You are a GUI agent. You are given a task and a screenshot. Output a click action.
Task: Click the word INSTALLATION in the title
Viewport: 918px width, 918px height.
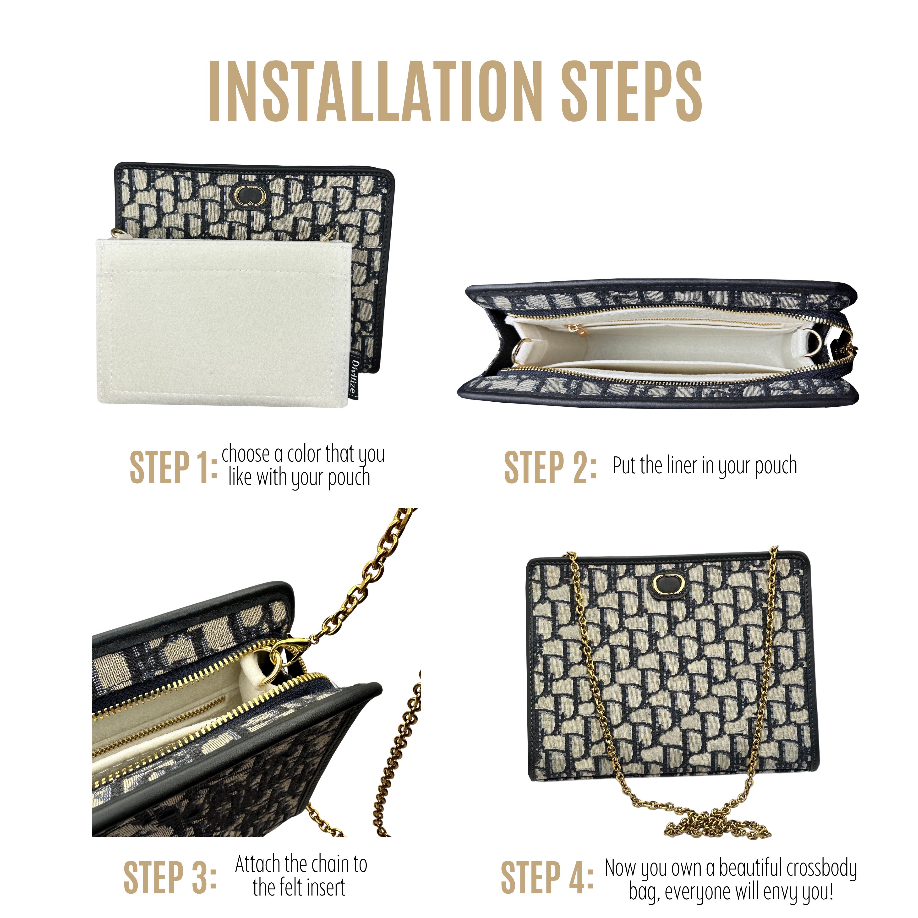click(x=375, y=91)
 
